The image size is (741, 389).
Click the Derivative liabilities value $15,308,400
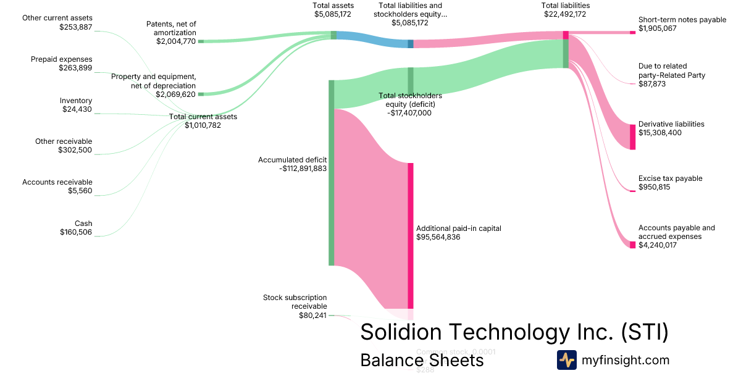coord(660,133)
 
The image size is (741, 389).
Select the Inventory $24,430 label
coord(76,105)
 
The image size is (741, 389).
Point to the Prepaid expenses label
coord(61,59)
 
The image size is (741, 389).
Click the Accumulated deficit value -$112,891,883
coord(303,168)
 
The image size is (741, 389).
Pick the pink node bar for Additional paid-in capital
coord(410,235)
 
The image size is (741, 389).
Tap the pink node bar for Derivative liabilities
coord(632,137)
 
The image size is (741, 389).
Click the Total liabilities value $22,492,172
coord(565,14)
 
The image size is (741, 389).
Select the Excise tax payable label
coord(670,178)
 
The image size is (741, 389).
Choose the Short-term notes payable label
coord(682,20)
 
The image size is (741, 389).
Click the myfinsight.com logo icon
coord(566,360)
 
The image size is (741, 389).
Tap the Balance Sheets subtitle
coord(422,361)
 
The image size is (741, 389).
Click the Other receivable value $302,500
coord(75,150)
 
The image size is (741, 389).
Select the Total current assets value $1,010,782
coord(203,125)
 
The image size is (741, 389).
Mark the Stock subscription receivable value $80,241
coord(312,315)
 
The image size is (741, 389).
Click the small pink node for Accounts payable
coord(632,245)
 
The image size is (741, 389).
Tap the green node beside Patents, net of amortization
coord(201,41)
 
